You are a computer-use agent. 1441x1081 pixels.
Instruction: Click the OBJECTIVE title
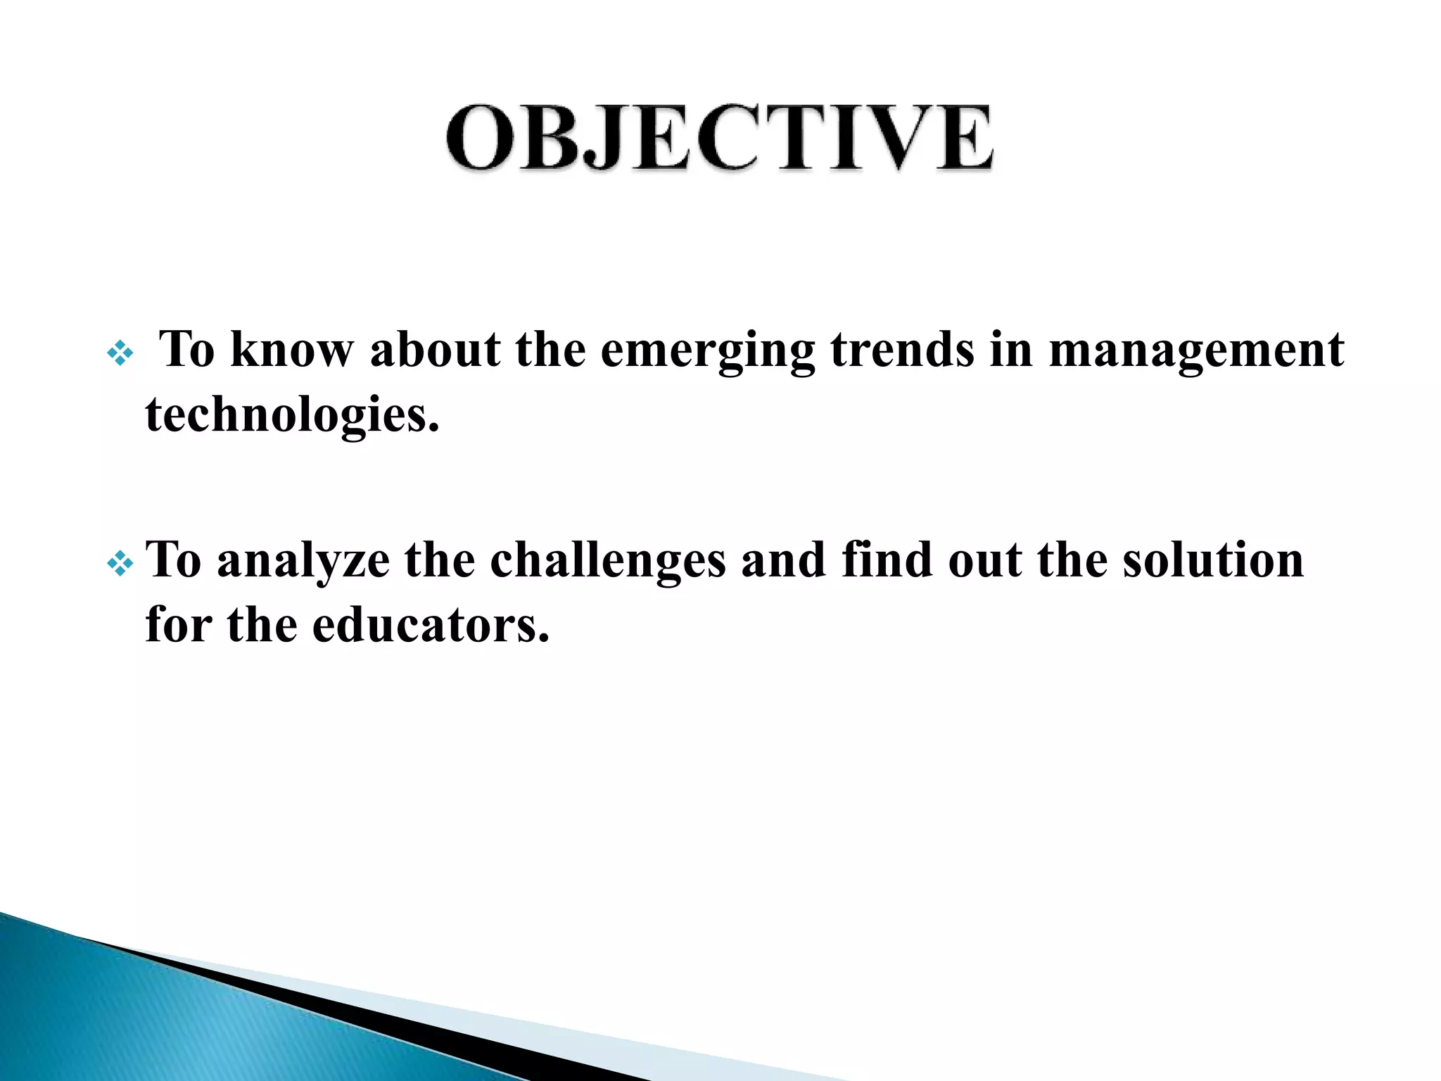[720, 138]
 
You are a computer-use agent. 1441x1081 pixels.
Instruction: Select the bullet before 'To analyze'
[120, 563]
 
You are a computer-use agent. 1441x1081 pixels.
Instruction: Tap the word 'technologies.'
[292, 415]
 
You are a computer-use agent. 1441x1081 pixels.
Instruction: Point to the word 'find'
[886, 560]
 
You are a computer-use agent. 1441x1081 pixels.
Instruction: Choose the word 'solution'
[1212, 560]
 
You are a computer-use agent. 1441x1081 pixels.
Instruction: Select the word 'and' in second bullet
[783, 560]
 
